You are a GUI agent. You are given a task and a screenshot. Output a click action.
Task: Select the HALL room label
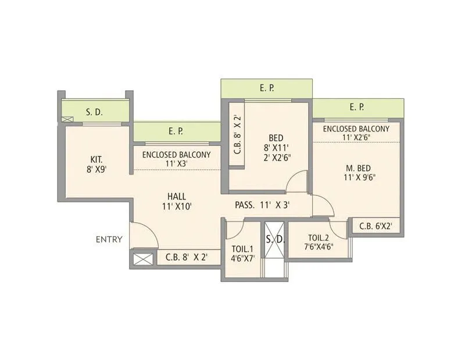[x=177, y=196]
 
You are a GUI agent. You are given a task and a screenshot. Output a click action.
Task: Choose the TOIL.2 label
[x=319, y=237]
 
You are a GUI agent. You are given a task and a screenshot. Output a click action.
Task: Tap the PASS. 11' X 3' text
[x=262, y=205]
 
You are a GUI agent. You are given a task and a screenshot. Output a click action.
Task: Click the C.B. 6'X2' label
[x=375, y=227]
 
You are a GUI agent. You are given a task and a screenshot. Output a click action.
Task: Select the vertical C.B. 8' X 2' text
[x=237, y=135]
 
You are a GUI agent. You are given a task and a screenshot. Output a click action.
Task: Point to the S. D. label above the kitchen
[x=94, y=112]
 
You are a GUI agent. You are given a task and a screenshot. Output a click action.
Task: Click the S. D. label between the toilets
[x=274, y=239]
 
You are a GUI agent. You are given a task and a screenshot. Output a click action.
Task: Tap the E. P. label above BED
[x=267, y=88]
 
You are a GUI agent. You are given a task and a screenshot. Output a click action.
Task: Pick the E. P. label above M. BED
[x=357, y=108]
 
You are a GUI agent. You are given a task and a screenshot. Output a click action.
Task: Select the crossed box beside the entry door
[x=143, y=258]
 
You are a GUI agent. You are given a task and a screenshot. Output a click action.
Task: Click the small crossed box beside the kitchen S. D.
[x=67, y=120]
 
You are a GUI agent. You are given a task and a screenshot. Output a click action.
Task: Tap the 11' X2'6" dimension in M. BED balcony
[x=356, y=137]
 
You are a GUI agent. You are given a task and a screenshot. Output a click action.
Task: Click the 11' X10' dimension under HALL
[x=177, y=206]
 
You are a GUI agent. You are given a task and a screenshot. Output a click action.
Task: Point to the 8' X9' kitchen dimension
[x=97, y=170]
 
